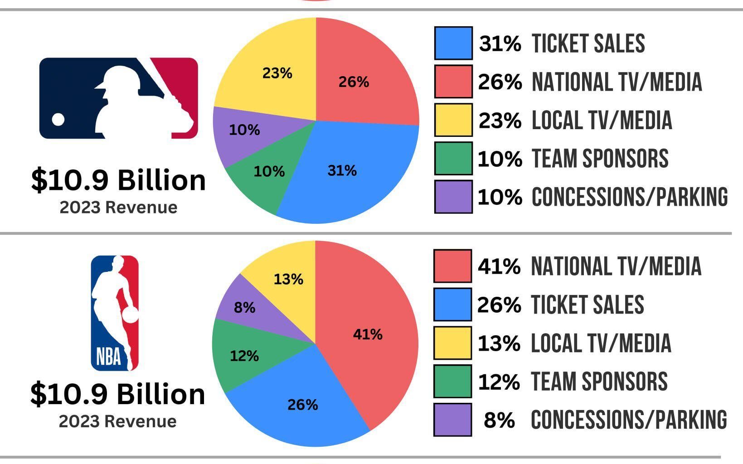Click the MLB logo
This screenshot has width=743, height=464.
pos(119,98)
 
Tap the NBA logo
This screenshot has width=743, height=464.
pos(115,313)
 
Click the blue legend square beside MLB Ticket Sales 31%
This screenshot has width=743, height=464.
pos(453,43)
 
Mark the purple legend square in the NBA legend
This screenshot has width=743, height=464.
pos(452,419)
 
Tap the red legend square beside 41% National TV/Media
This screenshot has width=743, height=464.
pos(452,266)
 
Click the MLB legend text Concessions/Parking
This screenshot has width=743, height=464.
pos(630,197)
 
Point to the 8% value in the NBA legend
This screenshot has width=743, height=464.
pos(499,420)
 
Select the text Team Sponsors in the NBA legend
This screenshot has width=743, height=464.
pos(599,381)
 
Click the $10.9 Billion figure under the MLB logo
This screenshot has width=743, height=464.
pos(119,180)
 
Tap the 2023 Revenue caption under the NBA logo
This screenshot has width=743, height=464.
pos(118,421)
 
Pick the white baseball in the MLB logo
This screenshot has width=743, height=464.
pos(58,119)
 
